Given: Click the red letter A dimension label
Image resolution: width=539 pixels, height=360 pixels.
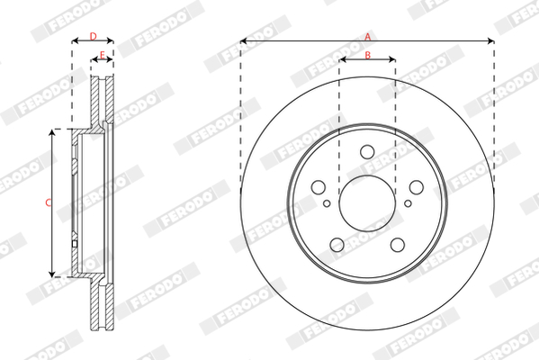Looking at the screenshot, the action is click(368, 36).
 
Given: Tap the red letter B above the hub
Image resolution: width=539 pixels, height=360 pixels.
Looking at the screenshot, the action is click(367, 55).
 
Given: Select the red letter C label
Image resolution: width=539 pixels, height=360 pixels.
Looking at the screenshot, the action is click(48, 202).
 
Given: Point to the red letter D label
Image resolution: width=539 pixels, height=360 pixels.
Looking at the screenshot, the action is click(94, 36).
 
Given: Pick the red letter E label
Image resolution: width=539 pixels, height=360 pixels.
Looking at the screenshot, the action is click(102, 55).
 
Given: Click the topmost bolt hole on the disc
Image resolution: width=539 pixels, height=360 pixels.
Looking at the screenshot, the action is click(367, 151).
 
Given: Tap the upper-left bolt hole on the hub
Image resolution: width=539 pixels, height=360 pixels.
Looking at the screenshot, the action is click(319, 187).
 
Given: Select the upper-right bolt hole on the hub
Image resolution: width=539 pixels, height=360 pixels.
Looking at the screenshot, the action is click(417, 187).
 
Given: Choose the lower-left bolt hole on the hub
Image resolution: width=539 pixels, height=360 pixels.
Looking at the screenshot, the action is click(337, 245).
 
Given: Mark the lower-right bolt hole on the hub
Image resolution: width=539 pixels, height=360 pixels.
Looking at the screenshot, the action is click(398, 245).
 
